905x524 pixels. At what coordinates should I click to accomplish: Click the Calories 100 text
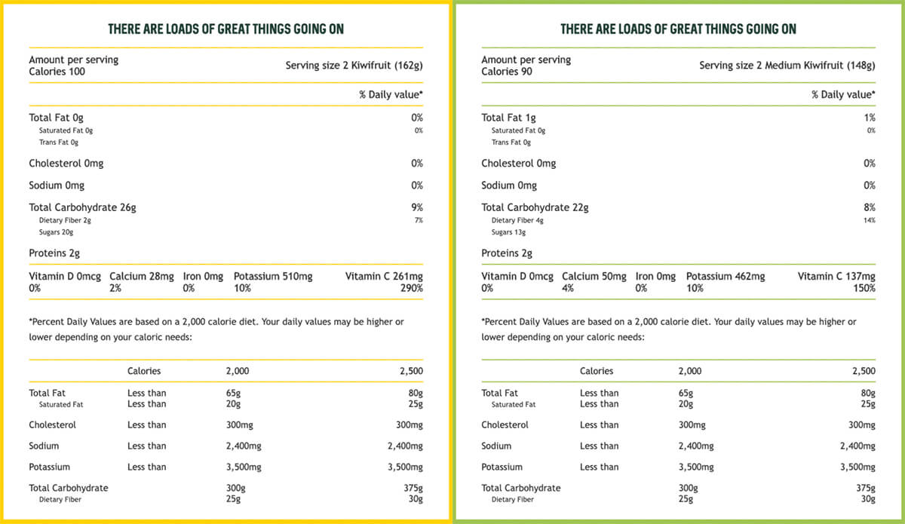(x=57, y=72)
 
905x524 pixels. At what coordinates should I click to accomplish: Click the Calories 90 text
(x=507, y=72)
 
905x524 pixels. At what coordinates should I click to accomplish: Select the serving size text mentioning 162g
(x=354, y=66)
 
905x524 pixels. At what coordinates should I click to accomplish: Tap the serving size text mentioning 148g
(x=787, y=66)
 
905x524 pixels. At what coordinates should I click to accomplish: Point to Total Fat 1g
(x=508, y=118)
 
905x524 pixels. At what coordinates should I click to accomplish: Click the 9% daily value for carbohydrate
(x=417, y=207)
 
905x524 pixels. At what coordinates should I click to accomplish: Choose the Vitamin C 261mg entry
(x=384, y=277)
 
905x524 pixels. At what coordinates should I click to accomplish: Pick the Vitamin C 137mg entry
(x=836, y=277)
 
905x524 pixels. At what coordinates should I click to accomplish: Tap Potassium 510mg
(x=273, y=277)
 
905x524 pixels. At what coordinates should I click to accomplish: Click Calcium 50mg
(x=594, y=277)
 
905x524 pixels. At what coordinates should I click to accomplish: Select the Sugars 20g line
(x=56, y=232)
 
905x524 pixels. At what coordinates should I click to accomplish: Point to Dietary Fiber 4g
(x=517, y=221)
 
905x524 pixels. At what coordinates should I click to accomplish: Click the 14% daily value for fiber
(x=870, y=221)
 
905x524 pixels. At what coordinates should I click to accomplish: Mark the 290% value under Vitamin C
(x=412, y=288)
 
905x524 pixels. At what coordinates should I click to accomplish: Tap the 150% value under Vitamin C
(x=864, y=288)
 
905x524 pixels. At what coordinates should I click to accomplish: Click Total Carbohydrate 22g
(x=535, y=207)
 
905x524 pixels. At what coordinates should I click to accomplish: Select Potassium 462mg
(x=726, y=277)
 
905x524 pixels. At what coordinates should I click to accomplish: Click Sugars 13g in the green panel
(x=508, y=232)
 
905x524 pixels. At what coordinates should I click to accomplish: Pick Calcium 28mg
(x=142, y=277)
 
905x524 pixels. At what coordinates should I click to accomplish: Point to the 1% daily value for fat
(x=870, y=118)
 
